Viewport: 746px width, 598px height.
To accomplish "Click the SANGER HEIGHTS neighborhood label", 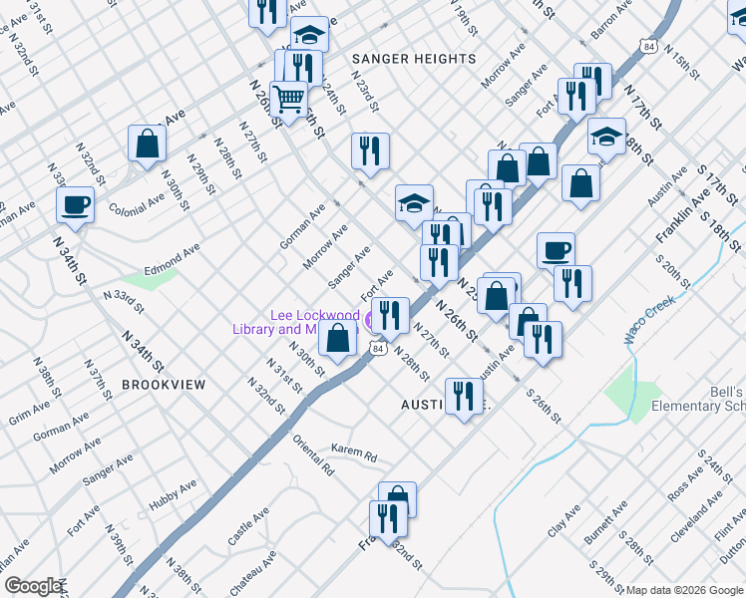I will coord(414,59).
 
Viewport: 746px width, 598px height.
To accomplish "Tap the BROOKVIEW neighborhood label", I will coord(164,385).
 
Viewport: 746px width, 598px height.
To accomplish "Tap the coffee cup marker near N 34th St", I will coord(76,206).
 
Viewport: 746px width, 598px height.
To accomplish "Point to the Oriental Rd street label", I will coord(313,454).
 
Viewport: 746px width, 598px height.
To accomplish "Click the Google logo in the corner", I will coord(32,586).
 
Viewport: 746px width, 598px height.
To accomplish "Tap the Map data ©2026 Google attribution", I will coord(684,590).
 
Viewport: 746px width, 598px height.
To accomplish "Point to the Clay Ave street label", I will coord(563,523).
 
